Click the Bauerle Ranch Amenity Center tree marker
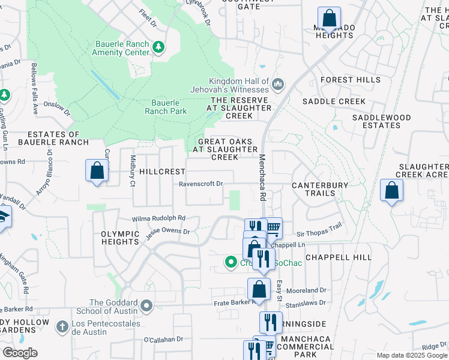tap(158, 47)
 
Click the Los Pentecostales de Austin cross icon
tap(61, 328)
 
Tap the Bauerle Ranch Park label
tap(166, 107)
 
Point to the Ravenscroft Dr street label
tap(200, 184)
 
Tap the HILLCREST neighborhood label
tap(162, 172)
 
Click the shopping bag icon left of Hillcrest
tap(97, 171)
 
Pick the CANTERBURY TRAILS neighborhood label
tap(320, 190)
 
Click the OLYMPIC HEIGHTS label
tap(121, 238)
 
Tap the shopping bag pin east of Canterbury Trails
tap(391, 191)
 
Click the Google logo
tap(21, 352)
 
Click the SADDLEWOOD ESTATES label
tap(376, 121)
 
